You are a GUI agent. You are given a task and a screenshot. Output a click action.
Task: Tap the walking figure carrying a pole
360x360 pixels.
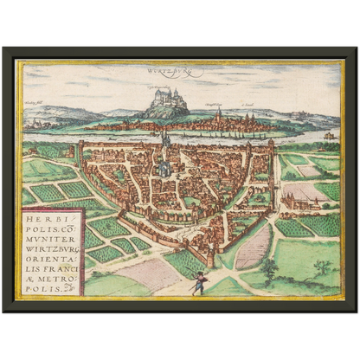[x=199, y=282]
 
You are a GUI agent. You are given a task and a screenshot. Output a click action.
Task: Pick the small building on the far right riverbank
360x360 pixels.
[x=328, y=135]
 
